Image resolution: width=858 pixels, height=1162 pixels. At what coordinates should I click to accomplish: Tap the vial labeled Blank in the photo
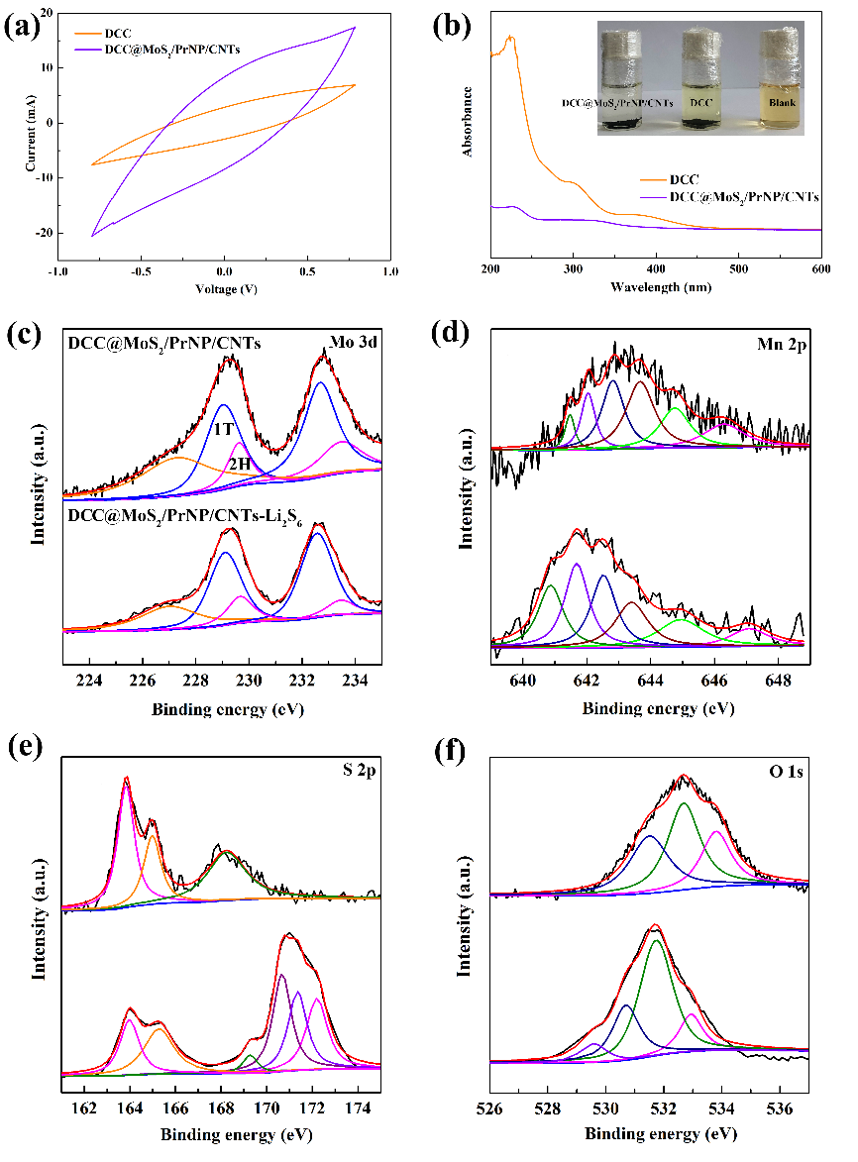[x=782, y=80]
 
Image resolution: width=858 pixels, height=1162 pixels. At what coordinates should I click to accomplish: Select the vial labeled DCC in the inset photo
[x=700, y=80]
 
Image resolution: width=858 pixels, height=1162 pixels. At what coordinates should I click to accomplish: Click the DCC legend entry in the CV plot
[x=103, y=34]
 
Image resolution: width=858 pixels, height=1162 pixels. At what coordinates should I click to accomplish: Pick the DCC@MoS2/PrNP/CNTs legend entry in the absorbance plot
[x=730, y=197]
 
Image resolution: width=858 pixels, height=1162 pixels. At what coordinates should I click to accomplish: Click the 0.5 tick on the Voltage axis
[x=307, y=272]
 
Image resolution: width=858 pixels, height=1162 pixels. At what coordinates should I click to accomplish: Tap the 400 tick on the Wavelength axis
[x=656, y=269]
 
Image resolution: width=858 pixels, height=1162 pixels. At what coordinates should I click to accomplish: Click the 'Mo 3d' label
[x=354, y=342]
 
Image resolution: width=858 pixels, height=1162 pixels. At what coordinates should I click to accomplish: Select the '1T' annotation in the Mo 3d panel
[x=224, y=429]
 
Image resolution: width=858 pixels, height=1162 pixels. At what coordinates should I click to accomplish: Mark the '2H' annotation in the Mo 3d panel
[x=240, y=464]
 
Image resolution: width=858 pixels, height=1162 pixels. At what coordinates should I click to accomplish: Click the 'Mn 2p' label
[x=782, y=344]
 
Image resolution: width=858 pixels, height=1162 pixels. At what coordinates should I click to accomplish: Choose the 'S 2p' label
[x=360, y=771]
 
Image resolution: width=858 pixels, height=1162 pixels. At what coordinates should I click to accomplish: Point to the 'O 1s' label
[x=786, y=773]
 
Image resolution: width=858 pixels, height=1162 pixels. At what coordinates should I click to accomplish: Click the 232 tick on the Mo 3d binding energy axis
[x=302, y=681]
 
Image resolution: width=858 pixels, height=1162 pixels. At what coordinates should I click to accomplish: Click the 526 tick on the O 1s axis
[x=489, y=1109]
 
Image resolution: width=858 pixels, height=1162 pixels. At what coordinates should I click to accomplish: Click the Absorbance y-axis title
[x=468, y=122]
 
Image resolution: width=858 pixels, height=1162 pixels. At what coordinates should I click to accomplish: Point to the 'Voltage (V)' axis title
[x=227, y=289]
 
